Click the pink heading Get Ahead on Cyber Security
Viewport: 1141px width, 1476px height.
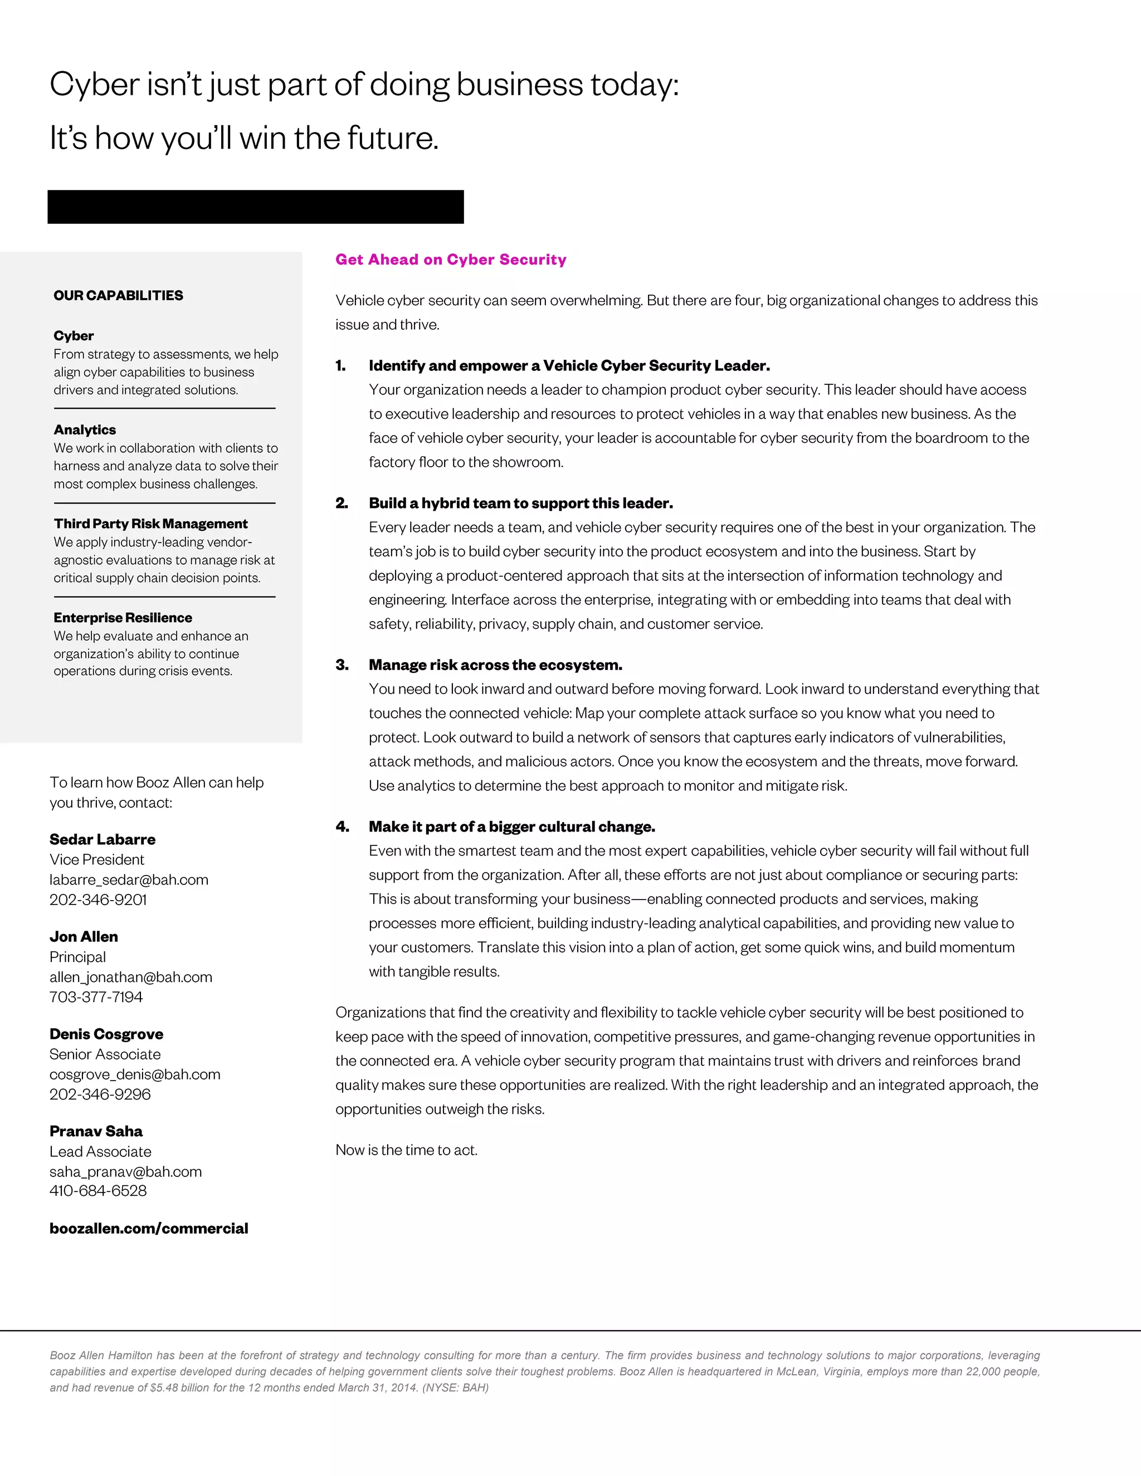[x=451, y=260]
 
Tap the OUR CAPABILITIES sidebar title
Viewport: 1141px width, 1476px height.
[x=118, y=295]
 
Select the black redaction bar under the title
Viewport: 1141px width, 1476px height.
[x=256, y=207]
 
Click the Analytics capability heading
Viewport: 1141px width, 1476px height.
[x=85, y=430]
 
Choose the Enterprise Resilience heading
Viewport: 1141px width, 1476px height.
[x=123, y=618]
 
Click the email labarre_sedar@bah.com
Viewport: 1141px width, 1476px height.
[x=129, y=880]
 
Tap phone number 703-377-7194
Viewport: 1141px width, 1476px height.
[x=96, y=997]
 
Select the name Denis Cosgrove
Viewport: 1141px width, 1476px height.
[x=106, y=1034]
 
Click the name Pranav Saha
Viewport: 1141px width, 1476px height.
[x=96, y=1131]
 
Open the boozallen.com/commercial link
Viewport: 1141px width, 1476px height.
[x=149, y=1229]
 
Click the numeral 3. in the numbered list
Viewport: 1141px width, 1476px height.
[x=342, y=665]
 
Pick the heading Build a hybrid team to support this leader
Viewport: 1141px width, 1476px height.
[x=520, y=504]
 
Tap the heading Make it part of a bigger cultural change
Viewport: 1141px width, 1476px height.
[x=511, y=827]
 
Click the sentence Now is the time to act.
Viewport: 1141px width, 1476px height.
[x=406, y=1150]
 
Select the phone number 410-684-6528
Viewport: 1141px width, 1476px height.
[x=98, y=1191]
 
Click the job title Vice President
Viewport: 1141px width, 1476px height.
[x=96, y=859]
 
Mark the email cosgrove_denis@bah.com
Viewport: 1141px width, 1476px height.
[x=134, y=1074]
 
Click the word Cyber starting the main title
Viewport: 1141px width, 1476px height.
[x=94, y=85]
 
